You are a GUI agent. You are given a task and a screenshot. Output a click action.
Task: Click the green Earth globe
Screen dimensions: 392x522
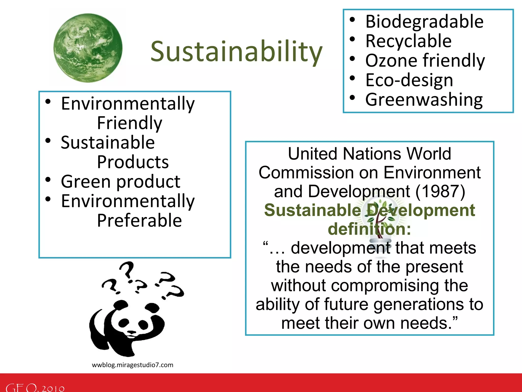pyautogui.click(x=88, y=48)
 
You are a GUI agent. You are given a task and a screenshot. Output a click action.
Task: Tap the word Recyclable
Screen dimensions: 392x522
pyautogui.click(x=408, y=41)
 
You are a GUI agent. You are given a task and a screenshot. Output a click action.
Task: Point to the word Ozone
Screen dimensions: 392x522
pyautogui.click(x=391, y=61)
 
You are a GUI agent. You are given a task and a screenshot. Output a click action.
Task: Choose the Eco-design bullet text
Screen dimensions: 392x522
pyautogui.click(x=409, y=80)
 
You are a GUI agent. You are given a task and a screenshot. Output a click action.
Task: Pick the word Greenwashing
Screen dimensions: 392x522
pyautogui.click(x=424, y=100)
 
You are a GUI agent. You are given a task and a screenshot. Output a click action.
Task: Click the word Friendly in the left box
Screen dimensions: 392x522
pyautogui.click(x=129, y=123)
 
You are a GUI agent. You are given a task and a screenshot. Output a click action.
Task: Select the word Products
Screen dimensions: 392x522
pyautogui.click(x=133, y=162)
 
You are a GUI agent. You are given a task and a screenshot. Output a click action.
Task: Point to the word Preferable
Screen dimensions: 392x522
pyautogui.click(x=139, y=220)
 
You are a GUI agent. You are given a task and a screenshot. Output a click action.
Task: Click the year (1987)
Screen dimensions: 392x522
pyautogui.click(x=440, y=191)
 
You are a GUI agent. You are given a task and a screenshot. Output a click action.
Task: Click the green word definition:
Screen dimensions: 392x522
pyautogui.click(x=369, y=229)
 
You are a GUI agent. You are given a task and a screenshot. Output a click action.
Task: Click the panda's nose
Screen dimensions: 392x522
pyautogui.click(x=132, y=332)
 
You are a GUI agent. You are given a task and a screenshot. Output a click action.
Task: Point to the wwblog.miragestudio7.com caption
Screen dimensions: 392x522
pyautogui.click(x=133, y=365)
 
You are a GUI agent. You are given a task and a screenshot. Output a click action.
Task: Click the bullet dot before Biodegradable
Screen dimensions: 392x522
pyautogui.click(x=352, y=20)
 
